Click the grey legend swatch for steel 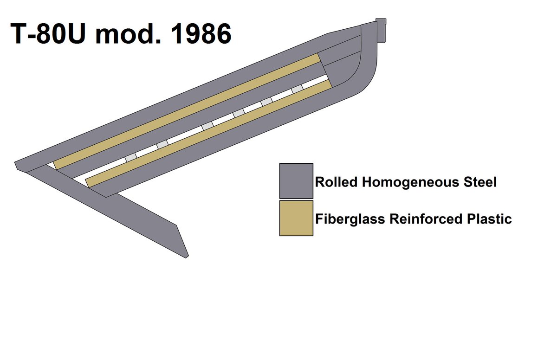(296, 180)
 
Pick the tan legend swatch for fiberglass (296, 218)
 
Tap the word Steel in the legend (479, 182)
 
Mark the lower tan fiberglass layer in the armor (209, 133)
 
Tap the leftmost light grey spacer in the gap (131, 158)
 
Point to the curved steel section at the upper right (367, 70)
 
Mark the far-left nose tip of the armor (17, 164)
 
